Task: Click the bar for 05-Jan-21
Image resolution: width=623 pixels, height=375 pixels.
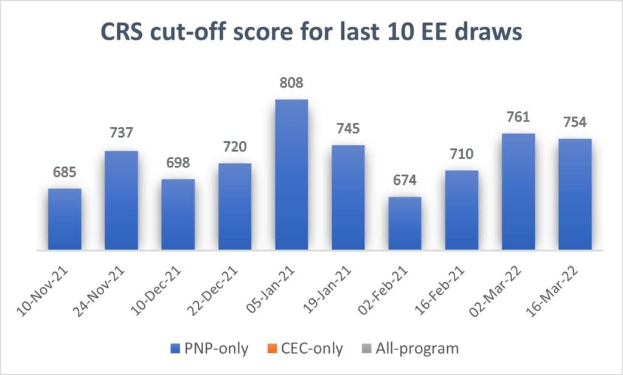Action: coord(291,174)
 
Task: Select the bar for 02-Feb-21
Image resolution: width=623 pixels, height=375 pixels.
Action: coord(405,223)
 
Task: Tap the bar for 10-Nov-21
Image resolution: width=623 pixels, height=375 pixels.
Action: coord(64,219)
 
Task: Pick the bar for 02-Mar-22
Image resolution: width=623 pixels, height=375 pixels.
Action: coord(518,191)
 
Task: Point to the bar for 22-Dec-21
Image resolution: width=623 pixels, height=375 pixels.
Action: coord(235,206)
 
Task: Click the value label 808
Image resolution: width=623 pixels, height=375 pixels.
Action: coord(291,82)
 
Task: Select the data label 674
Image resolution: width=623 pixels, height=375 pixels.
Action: coord(405,180)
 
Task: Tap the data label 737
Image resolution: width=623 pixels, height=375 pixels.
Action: coord(121,134)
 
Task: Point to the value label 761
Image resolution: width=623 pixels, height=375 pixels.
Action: coord(518,117)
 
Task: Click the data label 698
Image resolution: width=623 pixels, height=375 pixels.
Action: coord(178,162)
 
